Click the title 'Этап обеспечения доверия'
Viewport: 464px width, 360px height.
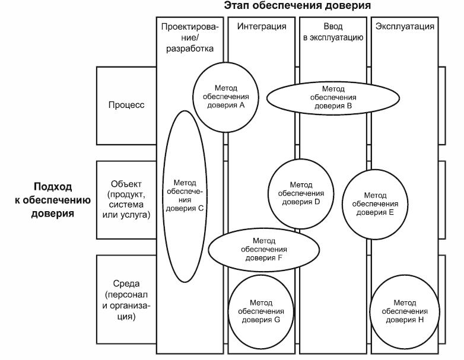pyautogui.click(x=298, y=7)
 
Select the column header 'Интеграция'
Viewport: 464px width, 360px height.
pyautogui.click(x=261, y=27)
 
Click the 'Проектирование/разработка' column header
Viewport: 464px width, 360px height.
pyautogui.click(x=189, y=37)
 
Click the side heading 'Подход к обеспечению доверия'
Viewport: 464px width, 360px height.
pyautogui.click(x=53, y=199)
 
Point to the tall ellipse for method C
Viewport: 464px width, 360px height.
pyautogui.click(x=185, y=195)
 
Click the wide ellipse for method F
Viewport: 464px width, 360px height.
pyautogui.click(x=261, y=249)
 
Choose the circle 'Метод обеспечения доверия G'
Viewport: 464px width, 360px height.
pyautogui.click(x=261, y=311)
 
